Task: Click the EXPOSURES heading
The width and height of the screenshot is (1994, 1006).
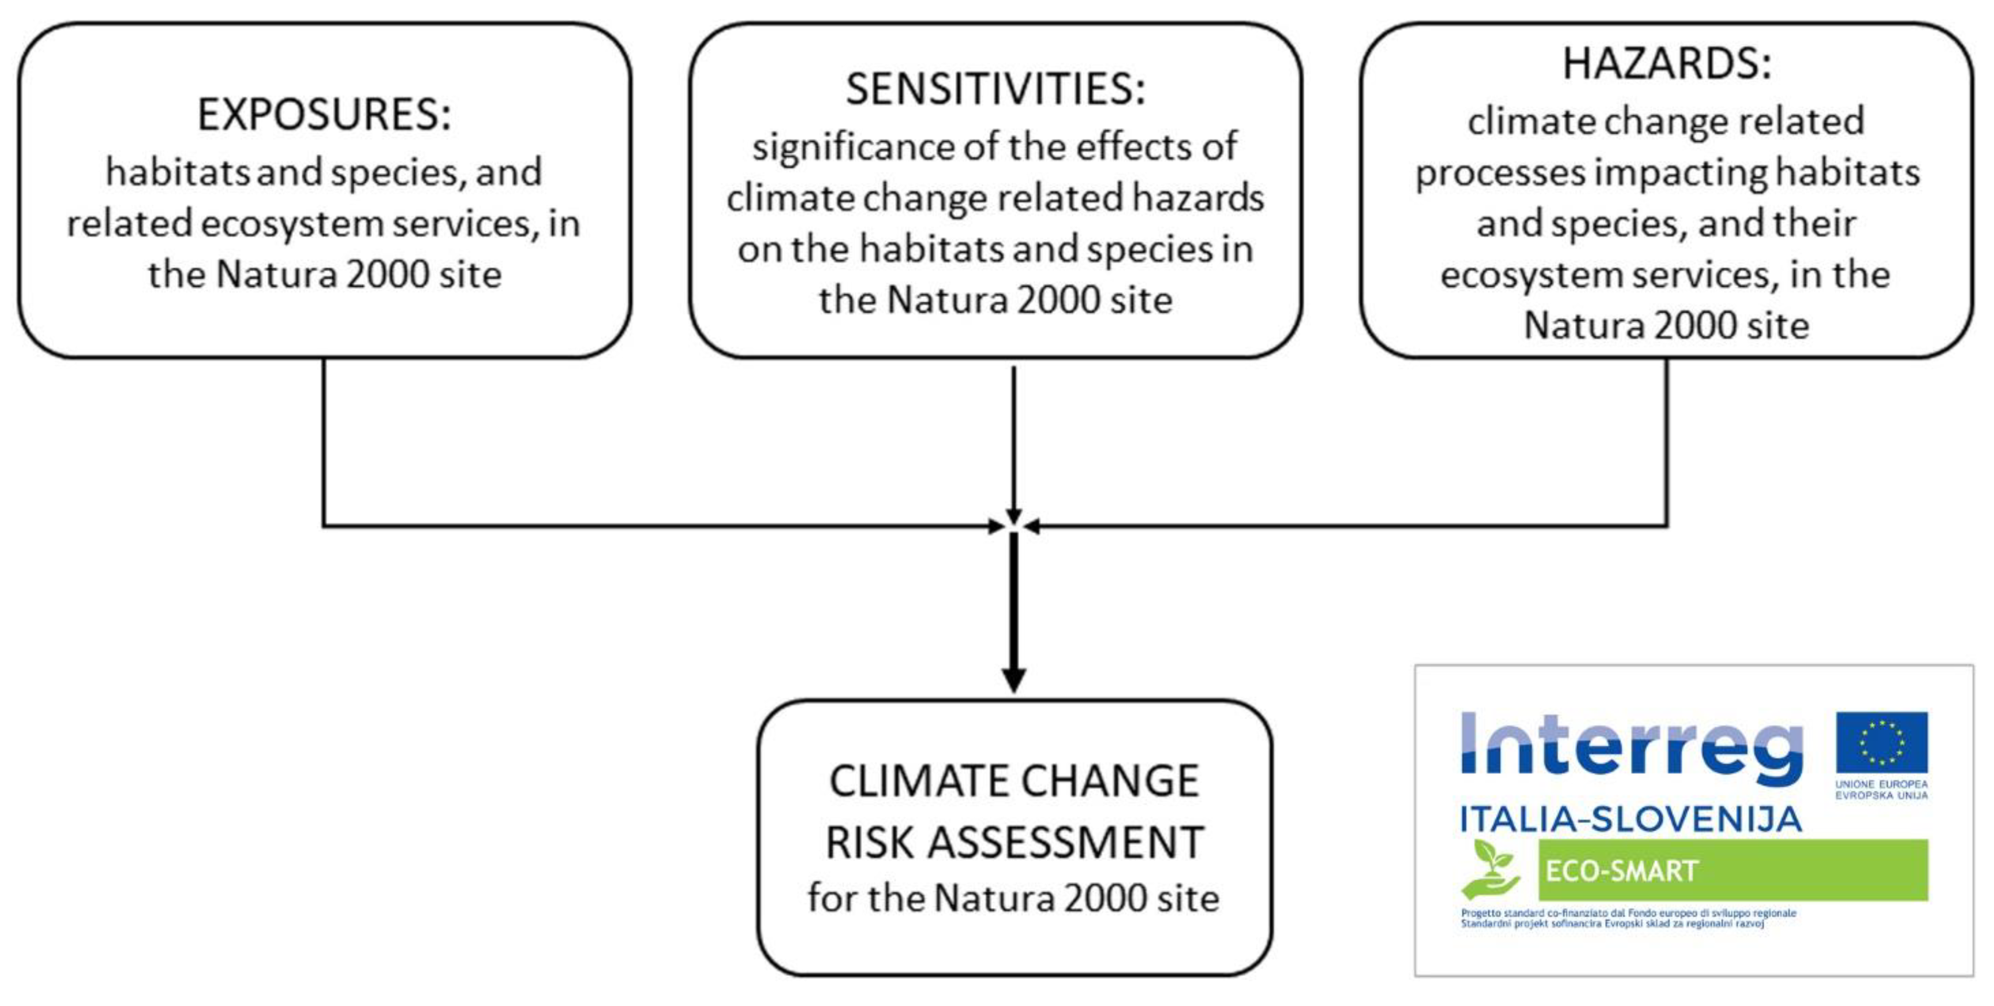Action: coord(323,115)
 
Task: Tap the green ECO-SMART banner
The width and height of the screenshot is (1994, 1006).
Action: coord(1732,870)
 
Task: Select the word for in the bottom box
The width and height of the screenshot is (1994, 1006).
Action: coord(832,898)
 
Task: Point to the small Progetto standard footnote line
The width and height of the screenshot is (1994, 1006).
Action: coord(1628,913)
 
